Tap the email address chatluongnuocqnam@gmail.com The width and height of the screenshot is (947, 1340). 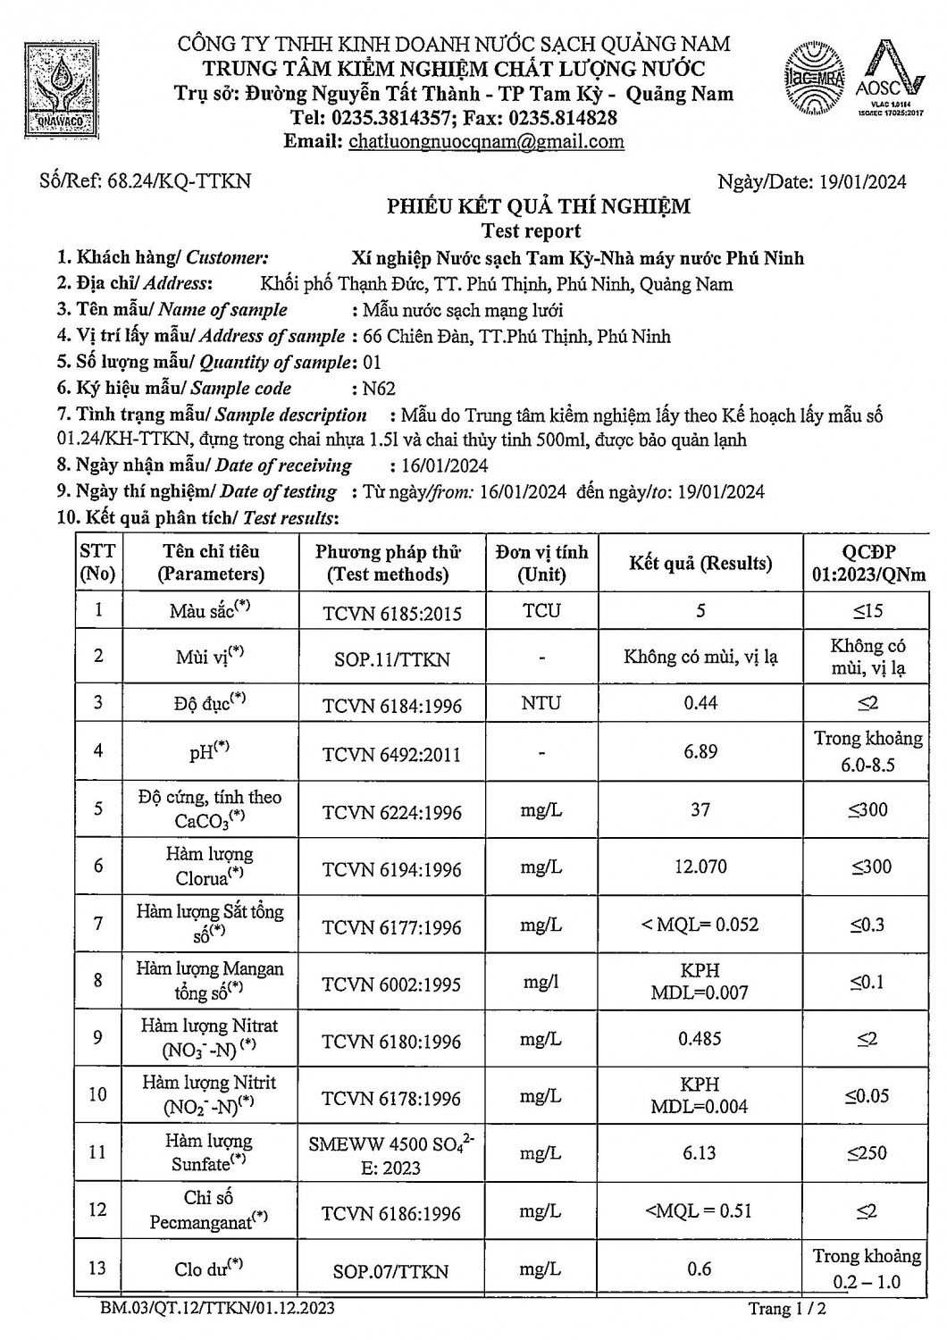pyautogui.click(x=486, y=141)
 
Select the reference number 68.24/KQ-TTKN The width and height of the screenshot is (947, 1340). pyautogui.click(x=178, y=181)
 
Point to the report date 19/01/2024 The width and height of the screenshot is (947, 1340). pyautogui.click(x=861, y=182)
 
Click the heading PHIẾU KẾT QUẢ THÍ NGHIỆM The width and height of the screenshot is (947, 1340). pyautogui.click(x=538, y=207)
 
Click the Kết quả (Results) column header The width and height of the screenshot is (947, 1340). pyautogui.click(x=700, y=563)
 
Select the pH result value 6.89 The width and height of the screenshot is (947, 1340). pyautogui.click(x=700, y=751)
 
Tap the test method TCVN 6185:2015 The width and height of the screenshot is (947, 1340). pyautogui.click(x=392, y=613)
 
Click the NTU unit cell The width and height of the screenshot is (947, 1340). pyautogui.click(x=541, y=703)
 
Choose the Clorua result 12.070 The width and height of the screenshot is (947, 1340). pyautogui.click(x=700, y=867)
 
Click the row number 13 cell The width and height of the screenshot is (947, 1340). pyautogui.click(x=97, y=1268)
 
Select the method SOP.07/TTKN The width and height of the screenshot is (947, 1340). pyautogui.click(x=391, y=1271)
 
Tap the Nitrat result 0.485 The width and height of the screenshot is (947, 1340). pyautogui.click(x=700, y=1039)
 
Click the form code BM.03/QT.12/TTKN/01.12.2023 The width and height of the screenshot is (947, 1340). pyautogui.click(x=218, y=1309)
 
